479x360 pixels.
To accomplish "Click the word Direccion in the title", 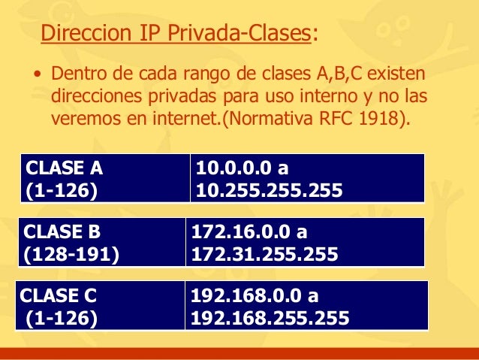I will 80,35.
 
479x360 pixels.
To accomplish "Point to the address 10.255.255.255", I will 269,191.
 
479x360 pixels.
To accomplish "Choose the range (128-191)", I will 71,255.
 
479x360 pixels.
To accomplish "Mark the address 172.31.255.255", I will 264,255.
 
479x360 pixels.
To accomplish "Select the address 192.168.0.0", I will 248,295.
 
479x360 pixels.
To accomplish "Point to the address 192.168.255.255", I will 270,319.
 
